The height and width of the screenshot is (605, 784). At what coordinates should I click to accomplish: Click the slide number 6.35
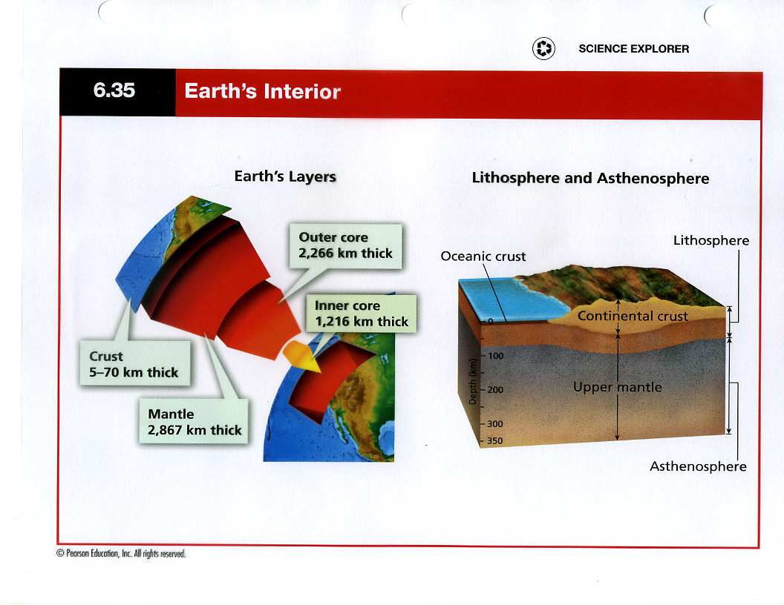114,90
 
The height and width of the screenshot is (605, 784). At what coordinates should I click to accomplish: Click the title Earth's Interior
263,91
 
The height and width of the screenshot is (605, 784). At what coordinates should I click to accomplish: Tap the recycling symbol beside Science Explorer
543,49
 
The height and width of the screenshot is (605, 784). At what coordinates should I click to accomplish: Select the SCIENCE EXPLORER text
633,49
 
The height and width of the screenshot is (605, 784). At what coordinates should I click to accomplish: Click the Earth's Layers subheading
285,176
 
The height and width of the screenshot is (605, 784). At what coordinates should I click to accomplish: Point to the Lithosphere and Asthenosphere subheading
590,178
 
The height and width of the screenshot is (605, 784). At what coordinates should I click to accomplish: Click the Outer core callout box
345,246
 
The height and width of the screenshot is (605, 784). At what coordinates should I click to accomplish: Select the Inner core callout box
361,314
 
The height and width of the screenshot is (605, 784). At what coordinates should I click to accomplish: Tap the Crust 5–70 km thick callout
134,363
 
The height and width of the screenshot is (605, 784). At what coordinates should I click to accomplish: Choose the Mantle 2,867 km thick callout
194,421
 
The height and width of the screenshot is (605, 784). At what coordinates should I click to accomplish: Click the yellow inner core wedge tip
321,371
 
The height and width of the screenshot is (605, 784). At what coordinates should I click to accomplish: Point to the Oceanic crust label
483,257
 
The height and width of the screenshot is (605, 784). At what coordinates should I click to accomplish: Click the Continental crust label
633,316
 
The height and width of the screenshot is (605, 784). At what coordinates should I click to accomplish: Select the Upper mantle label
618,387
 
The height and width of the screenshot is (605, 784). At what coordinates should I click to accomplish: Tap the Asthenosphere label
698,466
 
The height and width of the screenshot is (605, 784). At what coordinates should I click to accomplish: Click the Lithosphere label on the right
711,241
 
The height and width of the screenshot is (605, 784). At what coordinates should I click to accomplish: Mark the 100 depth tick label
495,356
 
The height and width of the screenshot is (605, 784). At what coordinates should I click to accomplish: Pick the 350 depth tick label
495,440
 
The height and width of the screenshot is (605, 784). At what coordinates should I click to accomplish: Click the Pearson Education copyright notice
121,554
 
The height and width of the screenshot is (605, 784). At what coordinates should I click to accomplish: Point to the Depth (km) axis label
472,381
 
